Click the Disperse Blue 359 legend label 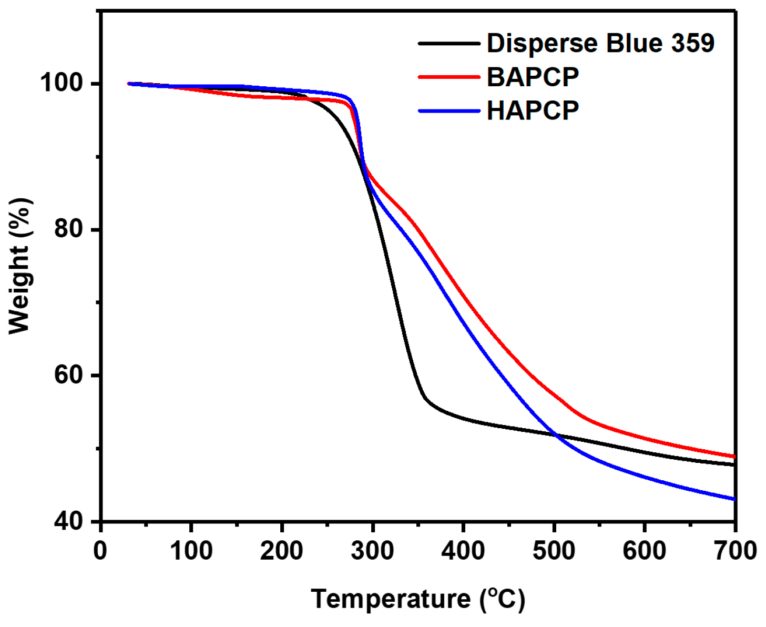tap(600, 43)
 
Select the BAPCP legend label tap(533, 77)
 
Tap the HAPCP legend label tap(533, 111)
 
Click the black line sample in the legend tap(449, 43)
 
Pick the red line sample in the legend tap(449, 77)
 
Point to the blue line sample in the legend tap(449, 111)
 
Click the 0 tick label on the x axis tap(100, 551)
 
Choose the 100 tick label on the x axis tap(191, 551)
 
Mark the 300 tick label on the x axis tap(372, 551)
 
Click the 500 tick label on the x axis tap(554, 551)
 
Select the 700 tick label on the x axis tap(734, 551)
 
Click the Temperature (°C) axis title tap(418, 599)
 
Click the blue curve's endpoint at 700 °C tap(734, 499)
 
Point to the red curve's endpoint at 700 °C tap(734, 457)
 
